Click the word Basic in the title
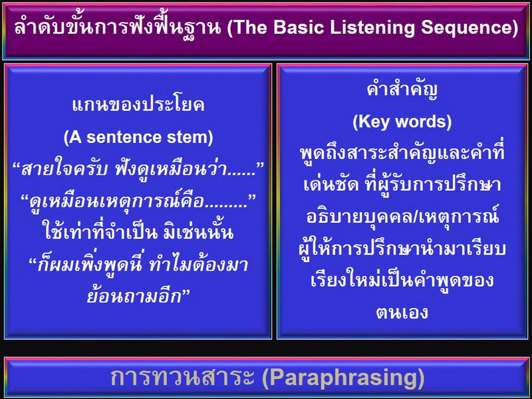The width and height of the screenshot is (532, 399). tap(299, 27)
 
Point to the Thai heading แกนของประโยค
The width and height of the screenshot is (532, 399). tap(138, 105)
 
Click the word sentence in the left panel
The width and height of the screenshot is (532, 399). tap(124, 138)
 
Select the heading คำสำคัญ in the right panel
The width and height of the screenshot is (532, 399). tap(402, 89)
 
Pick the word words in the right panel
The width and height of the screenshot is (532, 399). tap(426, 122)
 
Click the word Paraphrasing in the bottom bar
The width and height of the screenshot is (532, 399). tap(343, 378)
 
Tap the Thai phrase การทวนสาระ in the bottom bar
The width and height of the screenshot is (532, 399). tap(182, 377)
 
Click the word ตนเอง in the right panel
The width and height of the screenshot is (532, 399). tap(402, 313)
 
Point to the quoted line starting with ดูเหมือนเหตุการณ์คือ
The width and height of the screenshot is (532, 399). tap(138, 201)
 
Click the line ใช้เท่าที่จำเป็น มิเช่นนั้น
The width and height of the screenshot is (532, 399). tap(139, 233)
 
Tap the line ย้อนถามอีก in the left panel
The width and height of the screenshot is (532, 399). tap(138, 296)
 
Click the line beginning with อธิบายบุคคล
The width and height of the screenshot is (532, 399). tap(403, 215)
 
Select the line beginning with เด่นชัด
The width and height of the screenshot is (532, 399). tap(402, 184)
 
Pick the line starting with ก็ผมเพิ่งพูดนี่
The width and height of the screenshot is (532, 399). tap(138, 265)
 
